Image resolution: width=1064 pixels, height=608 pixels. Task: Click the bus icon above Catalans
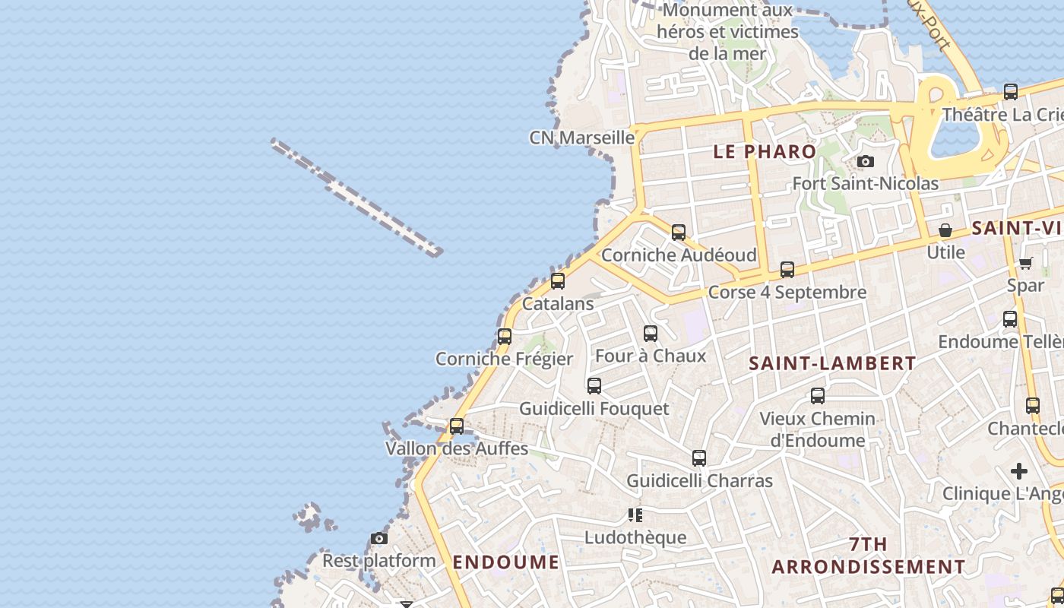tap(558, 281)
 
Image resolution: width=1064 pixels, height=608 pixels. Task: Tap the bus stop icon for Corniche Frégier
tap(504, 336)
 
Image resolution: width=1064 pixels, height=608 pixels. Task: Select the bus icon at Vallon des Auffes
tap(457, 426)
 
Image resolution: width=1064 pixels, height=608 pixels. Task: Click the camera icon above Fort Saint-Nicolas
tap(865, 161)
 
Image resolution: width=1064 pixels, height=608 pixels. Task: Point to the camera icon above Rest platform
tap(379, 538)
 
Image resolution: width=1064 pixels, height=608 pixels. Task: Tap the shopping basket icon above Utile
tap(945, 230)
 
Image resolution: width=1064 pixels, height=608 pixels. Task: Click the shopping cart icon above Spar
tap(1025, 263)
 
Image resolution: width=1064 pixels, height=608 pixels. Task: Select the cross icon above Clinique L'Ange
tap(1019, 471)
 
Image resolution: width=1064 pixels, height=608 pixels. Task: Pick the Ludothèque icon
tap(635, 515)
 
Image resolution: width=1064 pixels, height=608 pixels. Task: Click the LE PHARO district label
tap(765, 151)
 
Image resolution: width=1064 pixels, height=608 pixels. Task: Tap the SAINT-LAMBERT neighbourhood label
tap(832, 363)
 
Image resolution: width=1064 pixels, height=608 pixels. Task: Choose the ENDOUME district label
tap(506, 562)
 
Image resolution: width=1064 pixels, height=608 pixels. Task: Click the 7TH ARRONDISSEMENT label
tap(869, 556)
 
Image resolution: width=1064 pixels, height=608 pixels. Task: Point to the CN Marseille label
tap(581, 138)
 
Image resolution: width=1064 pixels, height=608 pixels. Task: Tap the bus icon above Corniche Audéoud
tap(679, 232)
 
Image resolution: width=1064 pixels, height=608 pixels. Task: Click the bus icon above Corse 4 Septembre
tap(787, 269)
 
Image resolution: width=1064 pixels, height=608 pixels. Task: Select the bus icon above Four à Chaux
tap(651, 333)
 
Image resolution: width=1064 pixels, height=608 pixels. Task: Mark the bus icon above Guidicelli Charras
tap(699, 458)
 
